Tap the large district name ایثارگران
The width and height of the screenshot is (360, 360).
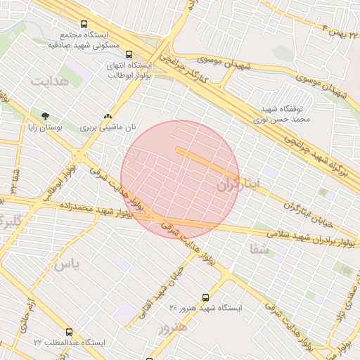click(x=238, y=185)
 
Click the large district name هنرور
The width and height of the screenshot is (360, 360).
click(x=173, y=328)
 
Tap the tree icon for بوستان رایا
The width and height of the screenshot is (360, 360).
click(x=46, y=116)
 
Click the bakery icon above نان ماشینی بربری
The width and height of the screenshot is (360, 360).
click(x=108, y=116)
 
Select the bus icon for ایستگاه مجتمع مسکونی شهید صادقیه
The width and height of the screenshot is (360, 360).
click(x=84, y=24)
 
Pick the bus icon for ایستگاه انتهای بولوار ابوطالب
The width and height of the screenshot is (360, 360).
click(x=128, y=53)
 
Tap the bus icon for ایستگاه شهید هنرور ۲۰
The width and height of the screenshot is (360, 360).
click(x=205, y=297)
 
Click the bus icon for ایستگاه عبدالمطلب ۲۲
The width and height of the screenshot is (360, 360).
click(x=69, y=331)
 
